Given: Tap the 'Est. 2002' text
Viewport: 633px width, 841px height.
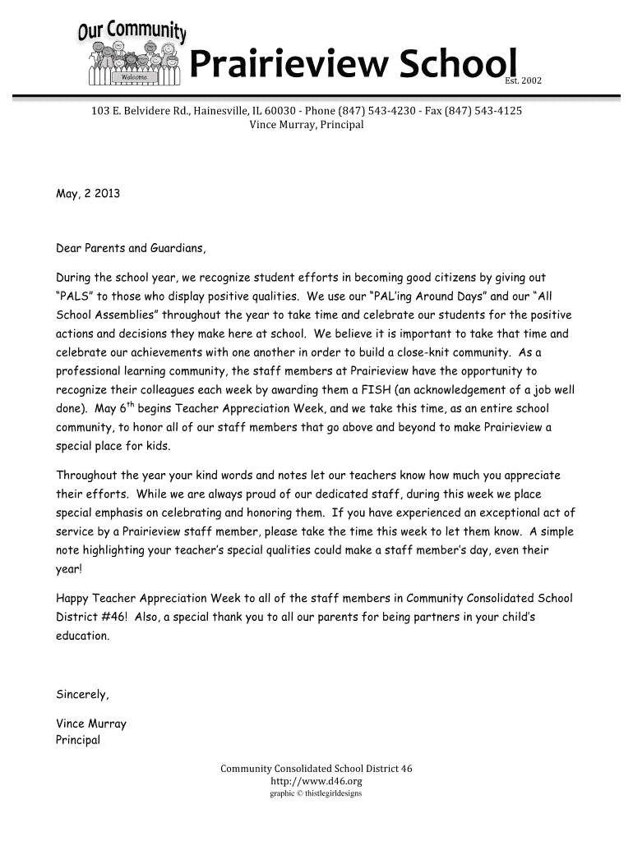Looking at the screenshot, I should (524, 80).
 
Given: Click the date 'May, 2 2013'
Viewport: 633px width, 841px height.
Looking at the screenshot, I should (88, 195).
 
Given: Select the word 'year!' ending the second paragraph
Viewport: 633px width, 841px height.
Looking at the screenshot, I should (69, 568).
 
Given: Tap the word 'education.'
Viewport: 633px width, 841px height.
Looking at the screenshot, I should (82, 636).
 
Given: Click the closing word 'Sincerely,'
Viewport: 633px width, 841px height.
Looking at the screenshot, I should (82, 694).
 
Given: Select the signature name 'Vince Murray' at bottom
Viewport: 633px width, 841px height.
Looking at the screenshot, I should (91, 724).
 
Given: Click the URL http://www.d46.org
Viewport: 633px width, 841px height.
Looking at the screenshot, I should (316, 782).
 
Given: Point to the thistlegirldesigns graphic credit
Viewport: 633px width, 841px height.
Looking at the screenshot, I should (316, 794).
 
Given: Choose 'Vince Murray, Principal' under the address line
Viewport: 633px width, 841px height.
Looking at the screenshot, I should (306, 125).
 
